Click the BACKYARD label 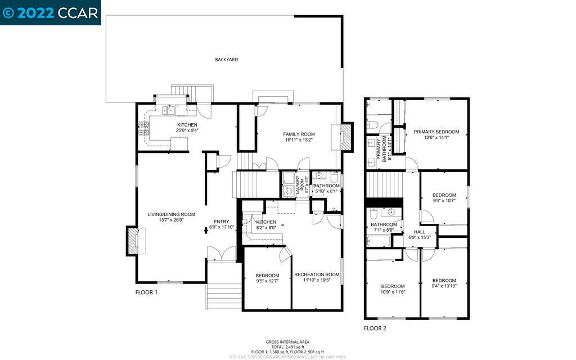tap(226, 59)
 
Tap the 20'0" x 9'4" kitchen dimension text tap(187, 130)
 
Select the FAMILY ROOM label tap(298, 134)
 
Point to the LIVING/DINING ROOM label tap(171, 214)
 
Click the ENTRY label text tap(221, 221)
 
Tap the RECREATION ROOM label tap(317, 274)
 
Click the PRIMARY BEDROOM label tap(436, 132)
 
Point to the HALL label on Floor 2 tap(420, 231)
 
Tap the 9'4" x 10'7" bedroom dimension tap(444, 201)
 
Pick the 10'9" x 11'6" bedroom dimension tap(393, 291)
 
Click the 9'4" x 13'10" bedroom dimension tap(444, 286)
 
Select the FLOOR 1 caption tap(146, 292)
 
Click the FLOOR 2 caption tap(375, 328)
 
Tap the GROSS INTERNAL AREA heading tap(287, 342)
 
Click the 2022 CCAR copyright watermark tap(51, 12)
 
